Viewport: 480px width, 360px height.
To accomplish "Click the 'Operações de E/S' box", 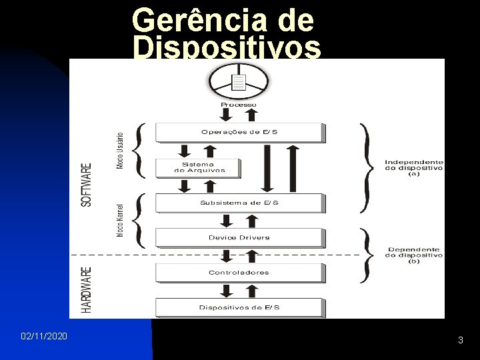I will click(x=239, y=132).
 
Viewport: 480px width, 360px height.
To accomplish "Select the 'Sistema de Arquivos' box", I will click(x=199, y=167).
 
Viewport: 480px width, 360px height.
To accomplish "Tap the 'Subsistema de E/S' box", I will click(x=239, y=203).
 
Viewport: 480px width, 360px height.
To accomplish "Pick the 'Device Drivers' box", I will click(x=239, y=237).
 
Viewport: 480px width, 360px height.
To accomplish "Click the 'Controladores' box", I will click(x=239, y=272).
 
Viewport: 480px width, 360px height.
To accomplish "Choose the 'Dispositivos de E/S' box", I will click(x=239, y=307).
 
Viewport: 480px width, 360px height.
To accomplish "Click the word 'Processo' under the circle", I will click(x=239, y=105).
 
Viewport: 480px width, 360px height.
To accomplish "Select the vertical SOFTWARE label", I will click(x=87, y=185).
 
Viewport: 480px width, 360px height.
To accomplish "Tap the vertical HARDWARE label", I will click(x=87, y=290).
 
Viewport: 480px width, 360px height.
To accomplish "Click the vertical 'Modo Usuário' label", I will click(x=120, y=149).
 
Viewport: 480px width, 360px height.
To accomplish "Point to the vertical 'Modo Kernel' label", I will click(x=120, y=220).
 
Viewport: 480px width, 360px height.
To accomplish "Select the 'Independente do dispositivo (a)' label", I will click(x=414, y=167).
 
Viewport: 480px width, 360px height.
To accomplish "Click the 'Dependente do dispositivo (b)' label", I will click(x=414, y=255).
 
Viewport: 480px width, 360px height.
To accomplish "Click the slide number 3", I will click(x=461, y=341).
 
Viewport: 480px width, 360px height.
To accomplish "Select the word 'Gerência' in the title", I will click(x=194, y=21).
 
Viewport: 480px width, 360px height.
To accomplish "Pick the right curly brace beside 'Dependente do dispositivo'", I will click(x=366, y=255).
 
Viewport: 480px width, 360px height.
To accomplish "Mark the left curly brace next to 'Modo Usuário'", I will click(x=139, y=150).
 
